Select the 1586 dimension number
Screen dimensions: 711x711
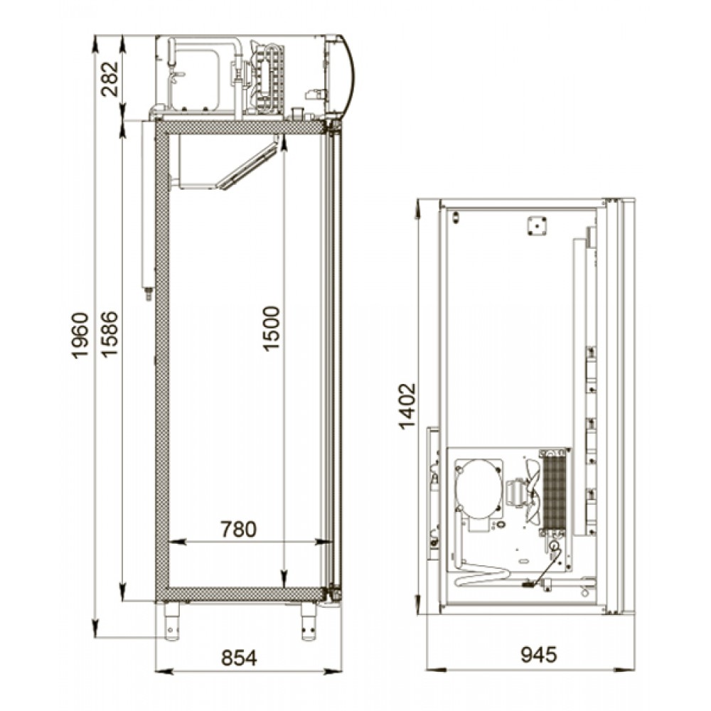[x=109, y=334]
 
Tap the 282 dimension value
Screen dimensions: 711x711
[x=109, y=79]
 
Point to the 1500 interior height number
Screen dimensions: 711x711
[x=271, y=328]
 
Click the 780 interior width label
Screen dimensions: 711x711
[x=238, y=529]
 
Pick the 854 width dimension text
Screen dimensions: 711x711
[x=239, y=658]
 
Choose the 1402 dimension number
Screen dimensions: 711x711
[x=407, y=407]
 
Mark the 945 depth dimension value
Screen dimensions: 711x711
[x=539, y=655]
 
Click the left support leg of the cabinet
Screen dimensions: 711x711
[x=172, y=620]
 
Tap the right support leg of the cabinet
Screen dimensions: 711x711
[x=309, y=620]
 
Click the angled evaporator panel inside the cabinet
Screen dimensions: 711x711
[x=247, y=166]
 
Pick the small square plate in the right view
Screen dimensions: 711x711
[x=536, y=226]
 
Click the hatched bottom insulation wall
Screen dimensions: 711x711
[x=240, y=594]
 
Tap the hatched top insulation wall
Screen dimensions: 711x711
[x=240, y=127]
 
